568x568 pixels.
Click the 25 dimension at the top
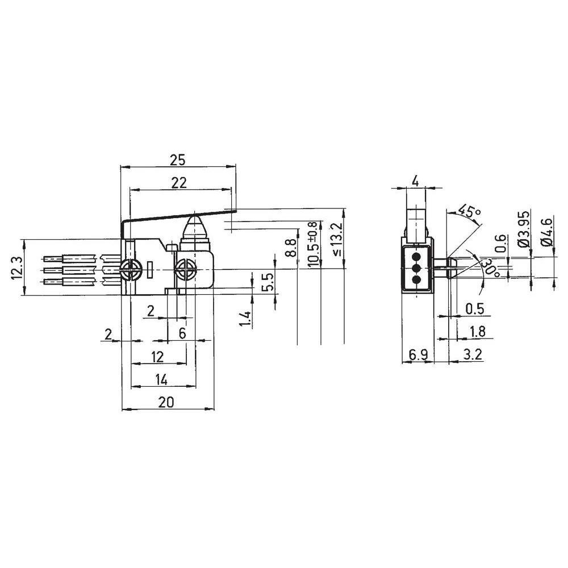coord(178,161)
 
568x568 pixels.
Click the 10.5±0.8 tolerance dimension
coord(312,244)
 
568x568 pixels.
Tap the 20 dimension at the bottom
coord(165,402)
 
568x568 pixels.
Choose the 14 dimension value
coord(161,379)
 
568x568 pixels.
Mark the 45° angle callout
coord(469,211)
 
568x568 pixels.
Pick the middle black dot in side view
coord(415,268)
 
